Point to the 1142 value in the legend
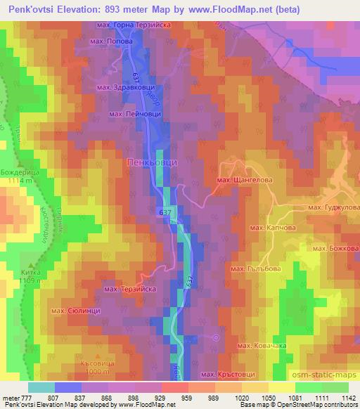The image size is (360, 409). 347,398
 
